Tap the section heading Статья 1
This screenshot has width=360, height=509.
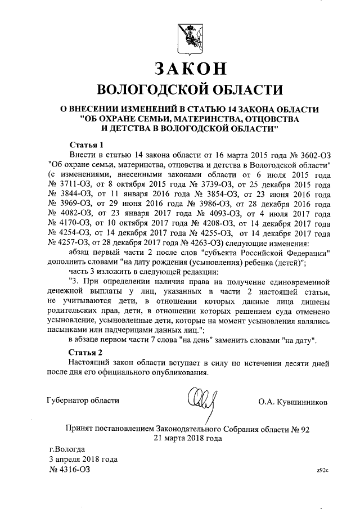click(x=85, y=143)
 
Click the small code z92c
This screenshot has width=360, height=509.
click(x=323, y=470)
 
